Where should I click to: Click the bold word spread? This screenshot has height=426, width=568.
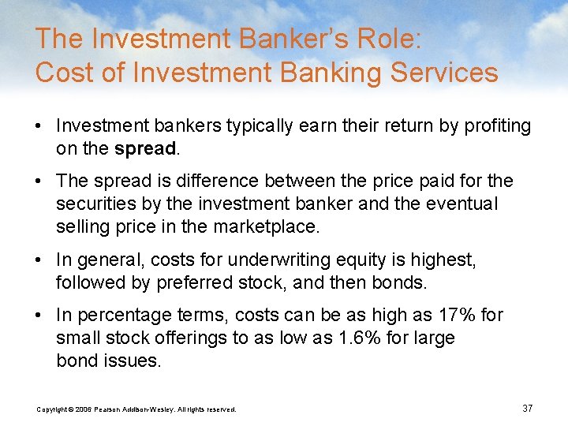144,148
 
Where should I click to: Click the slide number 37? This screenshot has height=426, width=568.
527,408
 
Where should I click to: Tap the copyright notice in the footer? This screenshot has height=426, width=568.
136,409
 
